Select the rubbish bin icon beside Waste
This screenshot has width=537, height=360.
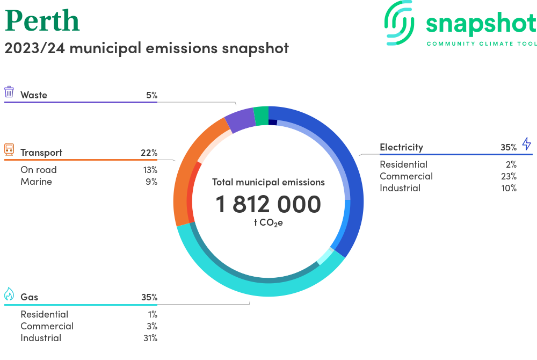pyautogui.click(x=9, y=92)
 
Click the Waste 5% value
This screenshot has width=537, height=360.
pyautogui.click(x=151, y=95)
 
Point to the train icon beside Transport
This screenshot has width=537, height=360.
pyautogui.click(x=9, y=150)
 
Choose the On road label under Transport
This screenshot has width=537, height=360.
pyautogui.click(x=39, y=170)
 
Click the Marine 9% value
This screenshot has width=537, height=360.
pyautogui.click(x=151, y=182)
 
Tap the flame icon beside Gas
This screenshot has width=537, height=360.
pyautogui.click(x=9, y=294)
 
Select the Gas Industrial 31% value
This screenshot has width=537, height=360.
pyautogui.click(x=150, y=338)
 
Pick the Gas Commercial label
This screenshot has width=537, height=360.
pyautogui.click(x=47, y=326)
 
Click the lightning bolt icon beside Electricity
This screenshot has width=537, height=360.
pyautogui.click(x=526, y=144)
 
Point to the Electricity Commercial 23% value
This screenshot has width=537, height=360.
pyautogui.click(x=508, y=176)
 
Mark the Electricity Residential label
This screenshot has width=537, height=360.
pyautogui.click(x=403, y=164)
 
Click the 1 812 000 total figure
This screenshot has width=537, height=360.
pyautogui.click(x=268, y=204)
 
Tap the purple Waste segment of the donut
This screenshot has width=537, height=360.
pyautogui.click(x=239, y=119)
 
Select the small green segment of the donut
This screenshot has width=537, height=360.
pyautogui.click(x=261, y=115)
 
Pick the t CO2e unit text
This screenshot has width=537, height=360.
pyautogui.click(x=268, y=222)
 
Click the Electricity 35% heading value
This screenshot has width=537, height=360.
pyautogui.click(x=508, y=147)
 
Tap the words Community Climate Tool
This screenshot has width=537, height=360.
pyautogui.click(x=481, y=44)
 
